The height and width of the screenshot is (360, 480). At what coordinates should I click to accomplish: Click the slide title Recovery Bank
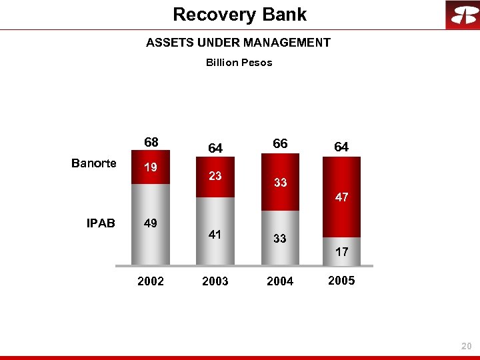pyautogui.click(x=239, y=14)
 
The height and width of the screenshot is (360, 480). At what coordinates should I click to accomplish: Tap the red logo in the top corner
pyautogui.click(x=462, y=15)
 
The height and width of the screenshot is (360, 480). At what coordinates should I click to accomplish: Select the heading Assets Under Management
pyautogui.click(x=238, y=43)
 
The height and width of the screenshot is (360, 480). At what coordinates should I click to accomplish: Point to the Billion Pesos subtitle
pyautogui.click(x=239, y=63)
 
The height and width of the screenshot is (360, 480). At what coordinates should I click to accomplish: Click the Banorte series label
pyautogui.click(x=94, y=163)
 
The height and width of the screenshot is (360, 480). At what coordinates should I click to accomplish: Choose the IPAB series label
pyautogui.click(x=101, y=223)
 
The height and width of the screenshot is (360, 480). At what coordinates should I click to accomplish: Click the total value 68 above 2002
pyautogui.click(x=151, y=142)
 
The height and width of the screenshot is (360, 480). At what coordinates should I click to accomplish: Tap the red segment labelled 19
pyautogui.click(x=151, y=169)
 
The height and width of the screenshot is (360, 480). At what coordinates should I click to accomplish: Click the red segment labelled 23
pyautogui.click(x=215, y=177)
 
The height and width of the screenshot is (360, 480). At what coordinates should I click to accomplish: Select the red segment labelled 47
pyautogui.click(x=341, y=197)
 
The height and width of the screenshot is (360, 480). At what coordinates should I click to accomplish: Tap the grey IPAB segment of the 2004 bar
pyautogui.click(x=280, y=238)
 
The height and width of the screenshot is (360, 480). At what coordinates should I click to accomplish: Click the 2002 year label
pyautogui.click(x=151, y=281)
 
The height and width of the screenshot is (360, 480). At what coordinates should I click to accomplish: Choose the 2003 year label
pyautogui.click(x=215, y=281)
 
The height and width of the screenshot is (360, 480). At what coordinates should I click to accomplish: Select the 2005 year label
pyautogui.click(x=341, y=281)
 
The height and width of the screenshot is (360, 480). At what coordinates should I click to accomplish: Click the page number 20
pyautogui.click(x=466, y=346)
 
